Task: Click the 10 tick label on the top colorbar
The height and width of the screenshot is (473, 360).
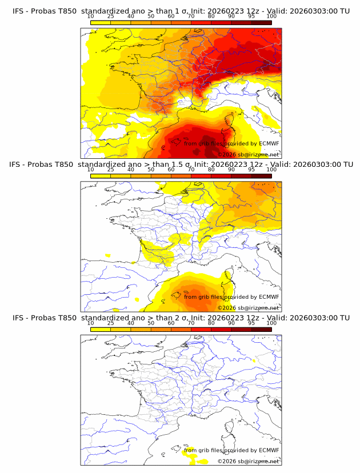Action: [90, 17]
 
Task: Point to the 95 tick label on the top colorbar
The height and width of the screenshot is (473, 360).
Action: [251, 17]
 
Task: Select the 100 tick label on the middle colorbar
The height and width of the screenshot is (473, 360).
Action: [271, 170]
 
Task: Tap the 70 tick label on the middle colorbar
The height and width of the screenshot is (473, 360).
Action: [191, 170]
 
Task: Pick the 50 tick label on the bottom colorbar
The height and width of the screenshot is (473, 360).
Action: [151, 323]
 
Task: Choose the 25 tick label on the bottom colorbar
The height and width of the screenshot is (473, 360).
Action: [110, 323]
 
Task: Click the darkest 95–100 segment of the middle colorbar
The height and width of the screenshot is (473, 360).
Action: [261, 176]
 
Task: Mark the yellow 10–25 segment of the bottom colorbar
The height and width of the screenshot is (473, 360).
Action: [100, 329]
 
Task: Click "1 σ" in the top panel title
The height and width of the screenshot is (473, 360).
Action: [175, 11]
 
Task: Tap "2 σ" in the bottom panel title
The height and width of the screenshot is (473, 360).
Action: [175, 317]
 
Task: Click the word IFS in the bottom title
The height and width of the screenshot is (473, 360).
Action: [18, 317]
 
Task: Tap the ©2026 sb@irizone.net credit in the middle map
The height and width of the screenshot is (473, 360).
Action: [248, 308]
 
